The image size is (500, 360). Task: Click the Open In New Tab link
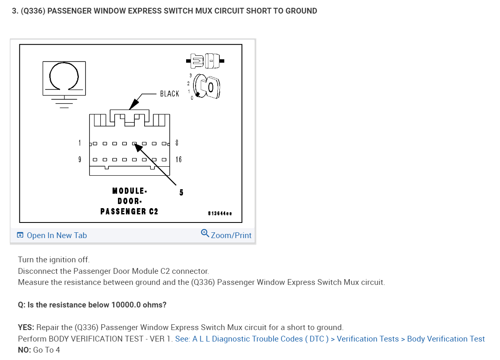pos(57,235)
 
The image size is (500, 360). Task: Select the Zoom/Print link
pos(231,235)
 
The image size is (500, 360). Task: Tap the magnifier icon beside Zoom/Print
pos(205,233)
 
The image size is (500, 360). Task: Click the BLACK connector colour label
pos(170,94)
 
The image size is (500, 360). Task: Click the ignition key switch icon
pos(206,87)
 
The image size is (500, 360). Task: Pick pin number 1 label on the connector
pos(80,143)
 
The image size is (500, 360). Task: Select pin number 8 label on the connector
pos(177,143)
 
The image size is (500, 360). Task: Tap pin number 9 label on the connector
pos(80,159)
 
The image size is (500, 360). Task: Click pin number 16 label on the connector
pos(178,159)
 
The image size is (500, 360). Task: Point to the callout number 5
pos(181,192)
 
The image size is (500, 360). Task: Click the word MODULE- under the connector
pos(129,191)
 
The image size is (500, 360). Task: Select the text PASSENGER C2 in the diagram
pos(129,211)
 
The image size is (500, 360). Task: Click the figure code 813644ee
pos(220,213)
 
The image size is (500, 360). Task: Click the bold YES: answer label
pos(26,327)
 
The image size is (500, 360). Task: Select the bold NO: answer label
pos(24,350)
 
